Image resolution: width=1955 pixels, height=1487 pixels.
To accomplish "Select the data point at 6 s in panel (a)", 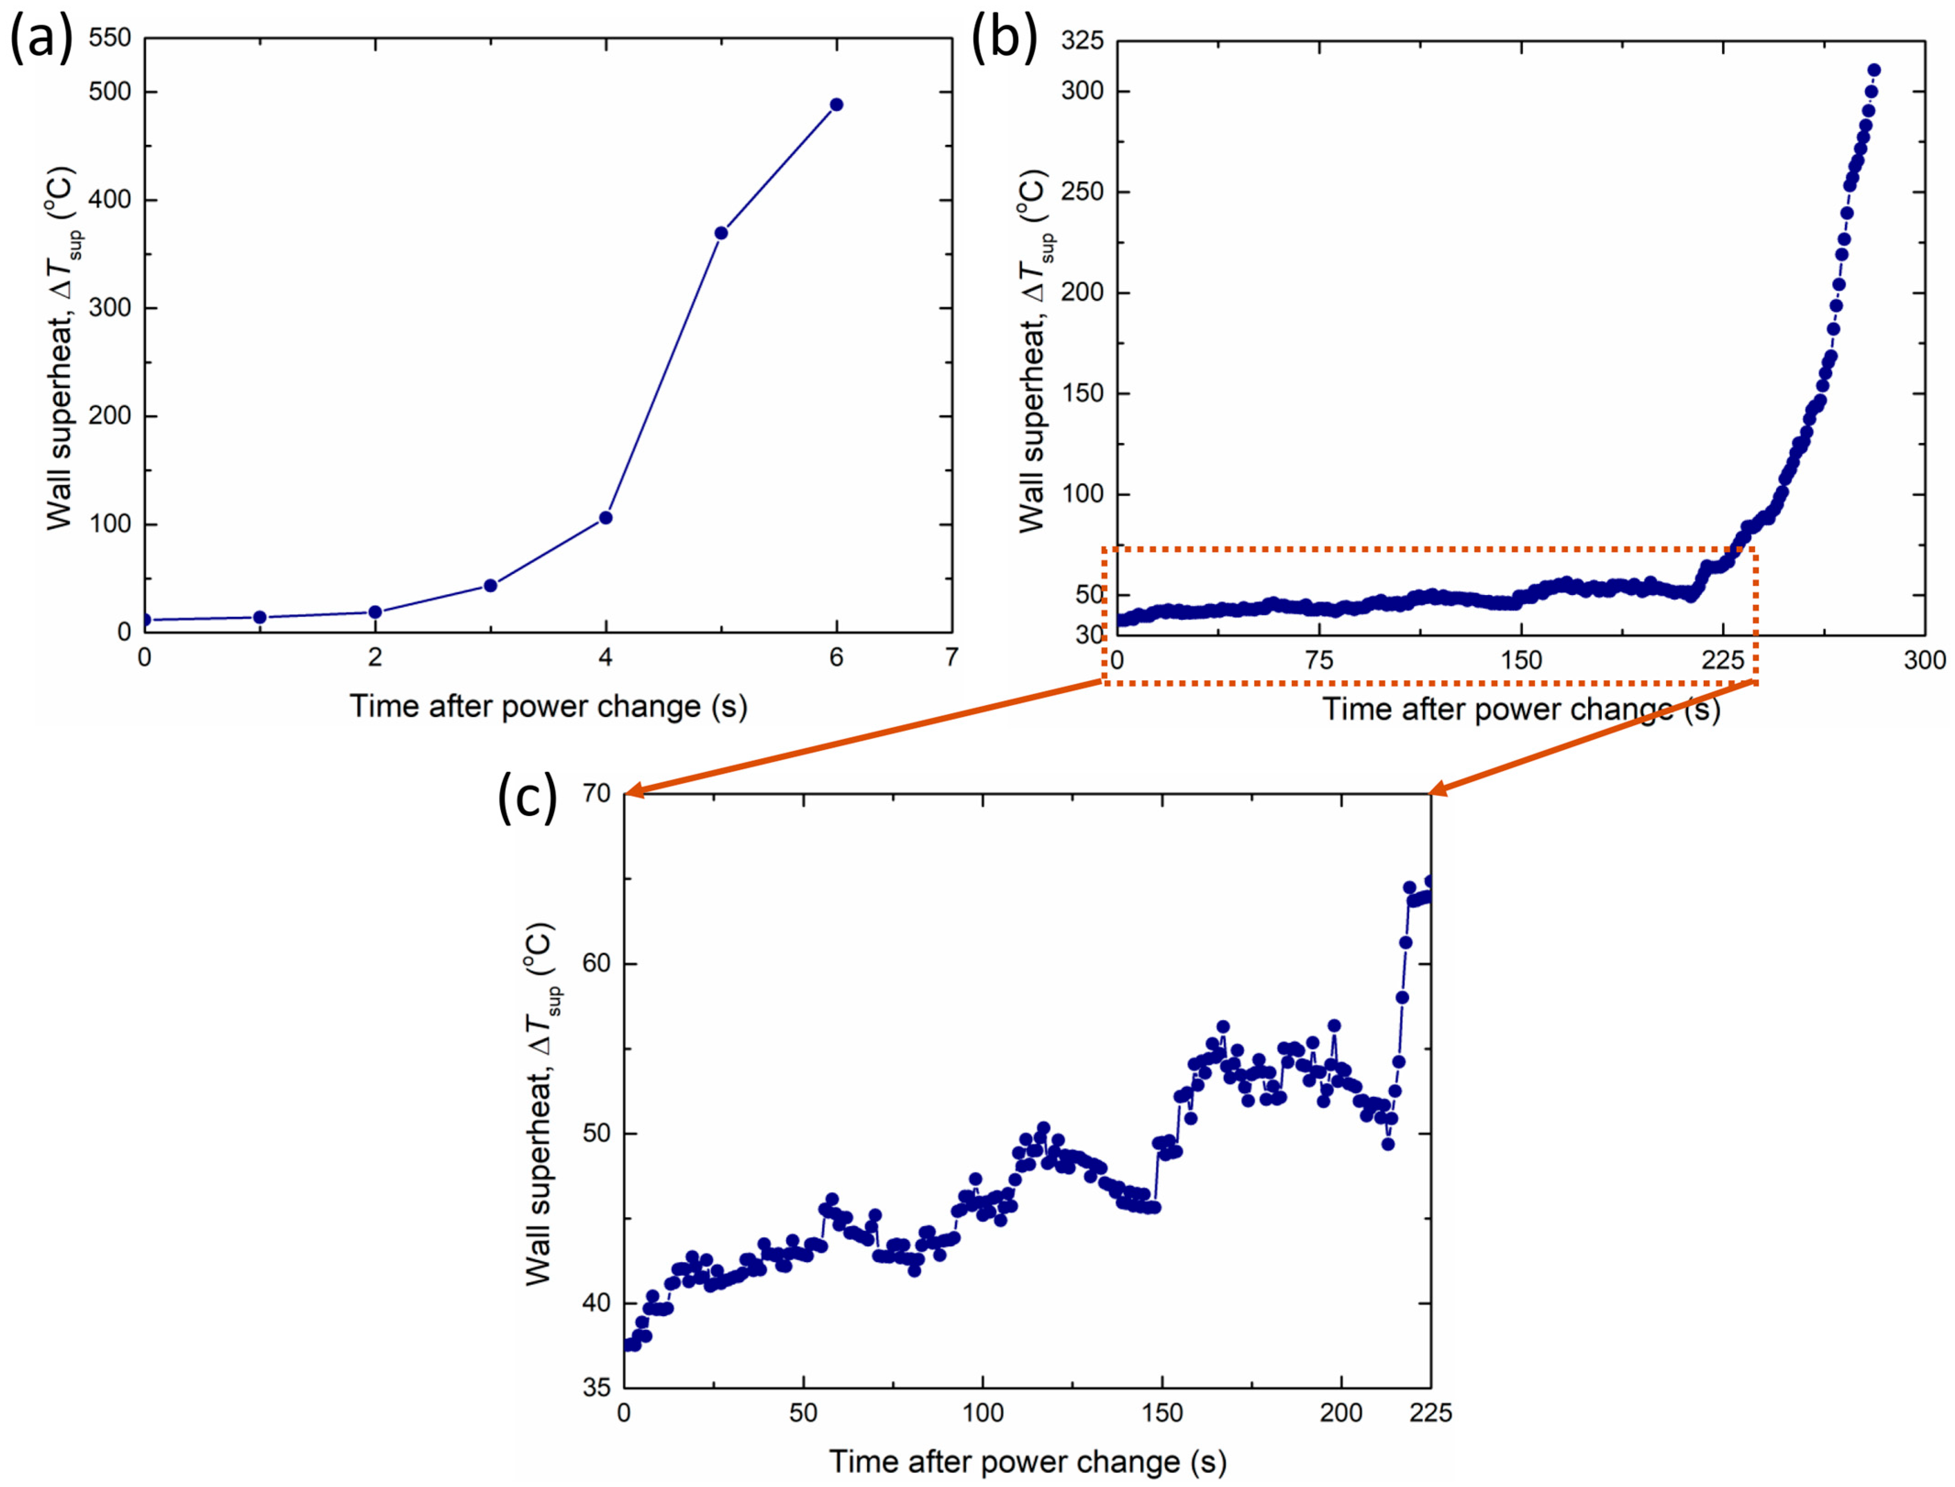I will pyautogui.click(x=836, y=105).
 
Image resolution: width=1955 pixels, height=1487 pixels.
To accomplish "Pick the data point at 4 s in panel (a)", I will pyautogui.click(x=606, y=518).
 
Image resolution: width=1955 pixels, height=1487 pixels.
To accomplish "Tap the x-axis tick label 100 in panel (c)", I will pyautogui.click(x=983, y=1414).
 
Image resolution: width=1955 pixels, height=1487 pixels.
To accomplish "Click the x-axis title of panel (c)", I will pyautogui.click(x=1027, y=1462).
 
